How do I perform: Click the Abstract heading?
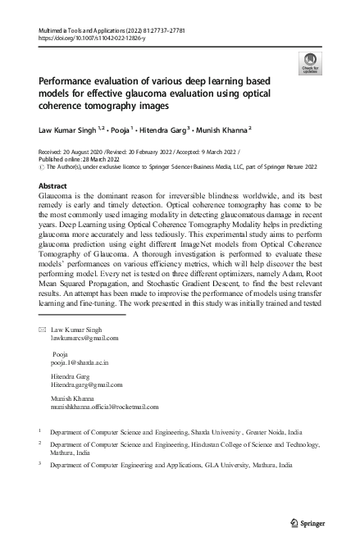tap(54, 186)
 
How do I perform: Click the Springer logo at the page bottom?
tap(308, 522)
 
